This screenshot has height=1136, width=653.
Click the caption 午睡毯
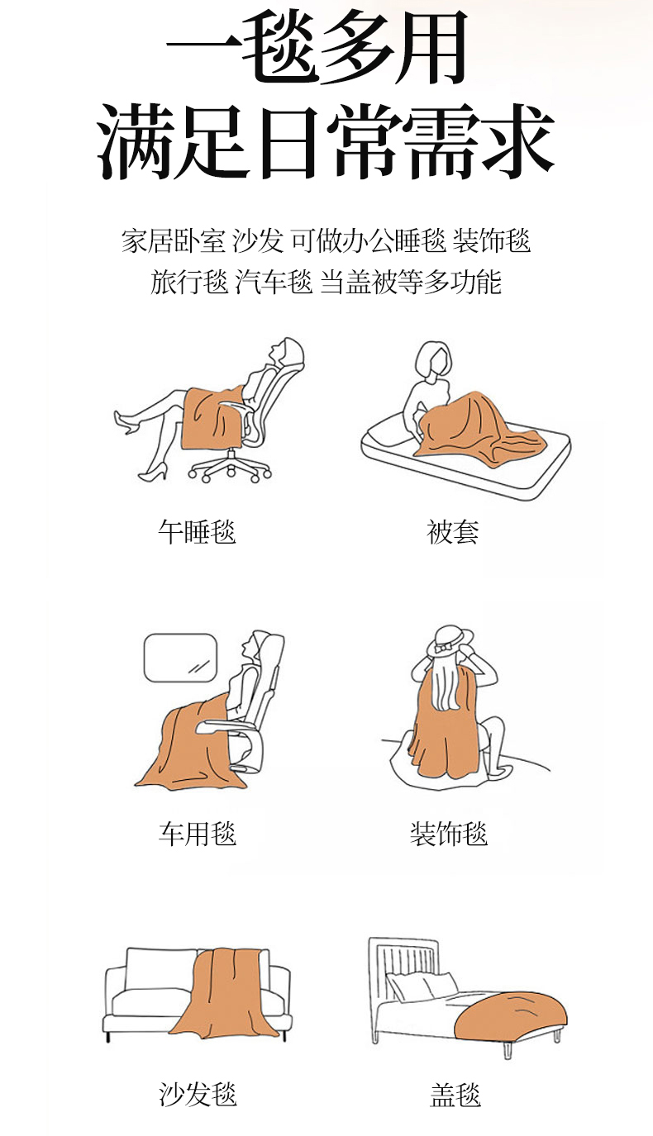(197, 531)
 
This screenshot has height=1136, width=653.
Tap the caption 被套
(453, 531)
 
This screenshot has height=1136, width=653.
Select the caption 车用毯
(197, 834)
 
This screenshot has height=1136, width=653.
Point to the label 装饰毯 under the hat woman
(449, 834)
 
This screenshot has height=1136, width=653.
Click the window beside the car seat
(181, 658)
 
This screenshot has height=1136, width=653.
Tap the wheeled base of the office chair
(229, 467)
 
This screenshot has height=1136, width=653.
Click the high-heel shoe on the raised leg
(124, 422)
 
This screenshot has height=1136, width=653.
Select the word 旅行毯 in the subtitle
(189, 283)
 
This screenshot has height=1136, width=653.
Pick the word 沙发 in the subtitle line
(258, 241)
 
